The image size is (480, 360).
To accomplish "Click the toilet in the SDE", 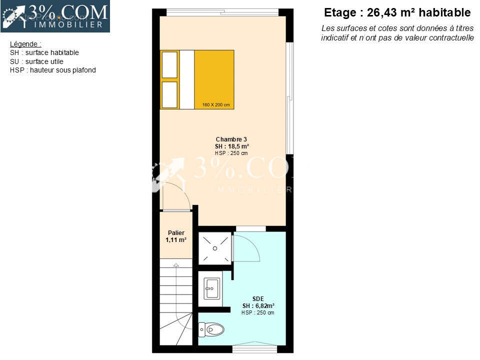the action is pos(211,329).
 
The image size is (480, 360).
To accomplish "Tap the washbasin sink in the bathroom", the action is pos(212,288).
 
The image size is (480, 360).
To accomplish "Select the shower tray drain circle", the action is pos(215,248).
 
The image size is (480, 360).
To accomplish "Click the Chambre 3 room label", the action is pos(231,139).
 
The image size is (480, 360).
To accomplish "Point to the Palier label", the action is pos(176,232).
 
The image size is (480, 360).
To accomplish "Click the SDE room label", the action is pos(258,299).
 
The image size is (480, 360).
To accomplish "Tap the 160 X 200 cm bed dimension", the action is pos(216,104).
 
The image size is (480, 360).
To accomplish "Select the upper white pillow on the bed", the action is pos(169,65).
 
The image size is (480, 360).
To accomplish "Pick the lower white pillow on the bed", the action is pos(169,94).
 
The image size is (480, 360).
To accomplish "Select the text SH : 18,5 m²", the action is pos(231,146).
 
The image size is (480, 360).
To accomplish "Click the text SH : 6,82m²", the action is pos(258,305).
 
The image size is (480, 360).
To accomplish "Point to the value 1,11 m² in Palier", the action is pos(176,239).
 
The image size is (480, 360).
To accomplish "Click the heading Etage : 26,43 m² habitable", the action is pos(397,12).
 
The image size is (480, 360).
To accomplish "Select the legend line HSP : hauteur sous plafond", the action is pos(52,70).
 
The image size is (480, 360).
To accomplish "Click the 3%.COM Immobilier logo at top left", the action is pos(55,16).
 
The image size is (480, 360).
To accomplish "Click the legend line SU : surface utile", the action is pos(36,61).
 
